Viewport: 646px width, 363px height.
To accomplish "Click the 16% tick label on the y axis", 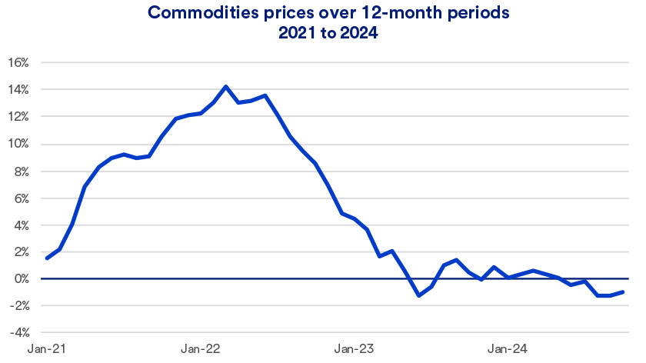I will tap(18, 62).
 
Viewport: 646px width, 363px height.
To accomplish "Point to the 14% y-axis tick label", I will tap(18, 89).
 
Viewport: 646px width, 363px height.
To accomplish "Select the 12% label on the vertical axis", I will tap(18, 117).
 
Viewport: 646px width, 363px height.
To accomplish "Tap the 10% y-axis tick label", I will tap(18, 144).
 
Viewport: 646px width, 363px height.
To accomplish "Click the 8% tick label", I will tap(21, 171).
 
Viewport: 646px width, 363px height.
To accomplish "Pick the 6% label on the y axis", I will tap(21, 198).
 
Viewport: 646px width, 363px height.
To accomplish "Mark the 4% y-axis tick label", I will tap(21, 225).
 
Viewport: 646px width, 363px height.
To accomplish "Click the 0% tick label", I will tap(21, 279).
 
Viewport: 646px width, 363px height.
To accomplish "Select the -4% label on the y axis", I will tap(19, 333).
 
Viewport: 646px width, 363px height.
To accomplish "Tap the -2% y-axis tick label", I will tap(19, 306).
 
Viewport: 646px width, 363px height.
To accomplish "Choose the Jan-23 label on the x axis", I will tap(354, 349).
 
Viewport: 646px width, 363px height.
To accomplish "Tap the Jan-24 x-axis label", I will tap(507, 349).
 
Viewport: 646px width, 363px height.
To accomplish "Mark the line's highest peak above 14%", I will tap(225, 86).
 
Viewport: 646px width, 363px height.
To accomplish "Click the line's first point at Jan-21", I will tap(47, 258).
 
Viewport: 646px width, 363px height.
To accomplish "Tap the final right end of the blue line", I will tap(623, 291).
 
